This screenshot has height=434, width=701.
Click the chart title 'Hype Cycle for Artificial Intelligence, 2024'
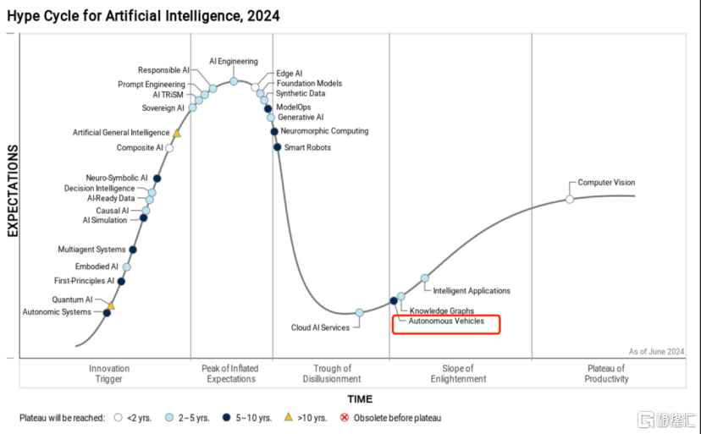click(x=143, y=16)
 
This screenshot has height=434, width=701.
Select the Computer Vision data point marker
click(x=570, y=199)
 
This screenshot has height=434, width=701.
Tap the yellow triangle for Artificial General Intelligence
click(x=177, y=133)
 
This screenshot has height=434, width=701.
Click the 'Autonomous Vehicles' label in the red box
click(x=446, y=322)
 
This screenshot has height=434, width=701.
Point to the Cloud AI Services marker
click(x=359, y=312)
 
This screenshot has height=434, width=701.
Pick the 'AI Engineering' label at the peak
click(x=234, y=62)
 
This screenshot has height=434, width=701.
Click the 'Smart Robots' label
click(x=307, y=148)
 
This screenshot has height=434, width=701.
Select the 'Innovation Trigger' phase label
click(x=109, y=373)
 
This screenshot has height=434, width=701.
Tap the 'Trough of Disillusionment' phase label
click(x=332, y=373)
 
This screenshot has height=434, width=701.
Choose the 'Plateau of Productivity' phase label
click(x=606, y=373)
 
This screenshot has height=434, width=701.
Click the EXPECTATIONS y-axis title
click(x=13, y=190)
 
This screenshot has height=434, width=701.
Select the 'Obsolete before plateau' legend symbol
click(x=345, y=418)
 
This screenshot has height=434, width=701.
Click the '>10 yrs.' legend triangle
click(x=288, y=417)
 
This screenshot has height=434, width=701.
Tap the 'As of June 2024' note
click(x=656, y=351)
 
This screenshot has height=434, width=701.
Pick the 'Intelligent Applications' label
click(x=472, y=291)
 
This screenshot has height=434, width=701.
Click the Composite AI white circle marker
click(x=169, y=148)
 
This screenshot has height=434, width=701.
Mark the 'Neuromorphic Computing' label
click(x=324, y=131)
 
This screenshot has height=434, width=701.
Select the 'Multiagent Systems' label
click(x=91, y=250)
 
